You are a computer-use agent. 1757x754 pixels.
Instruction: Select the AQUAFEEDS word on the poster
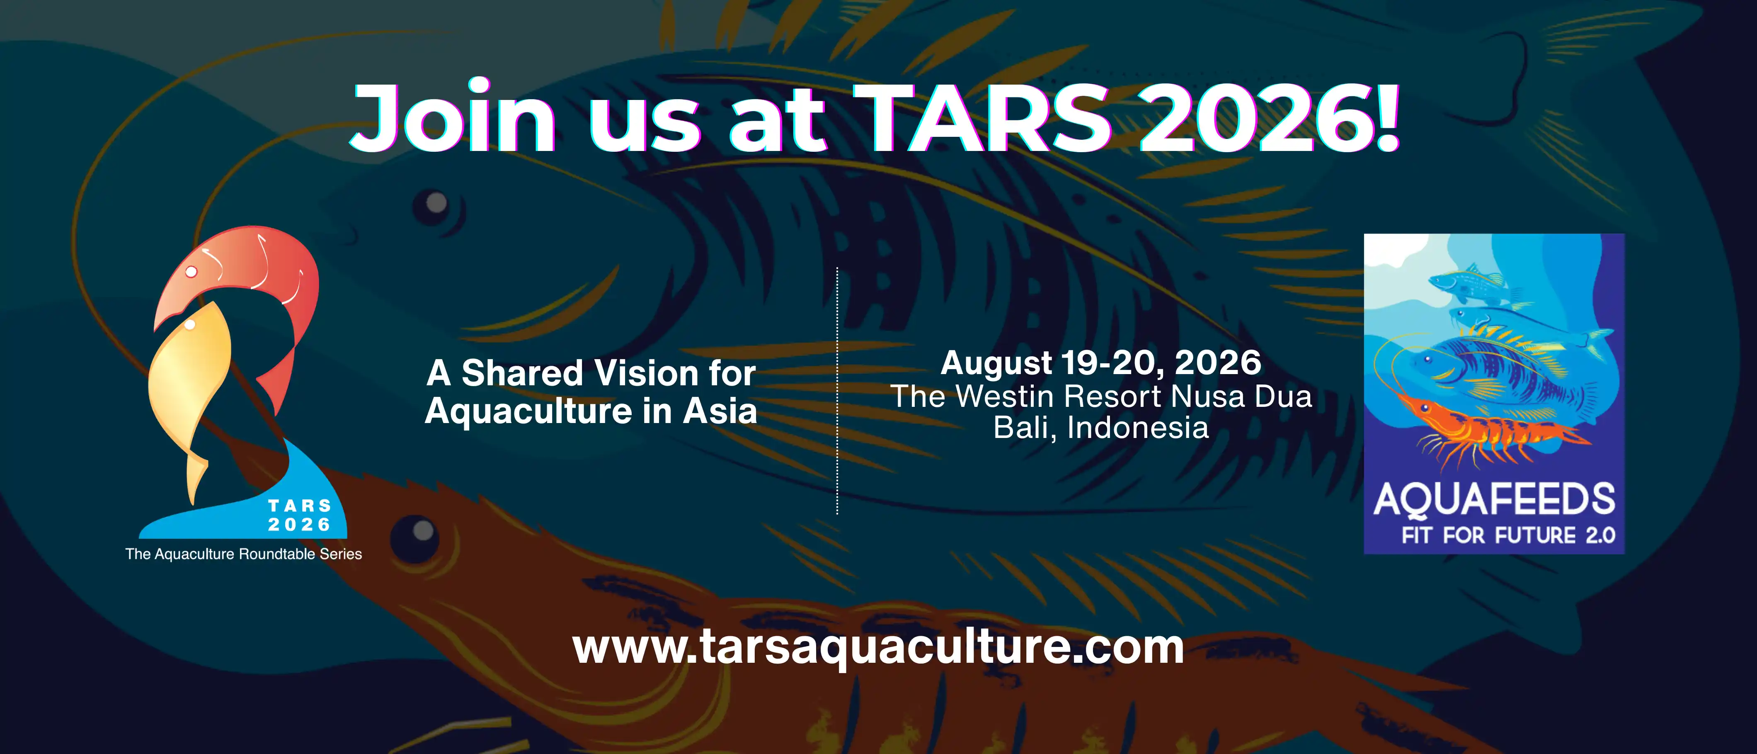[x=1494, y=500]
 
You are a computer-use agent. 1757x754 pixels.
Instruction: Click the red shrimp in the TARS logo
[x=273, y=273]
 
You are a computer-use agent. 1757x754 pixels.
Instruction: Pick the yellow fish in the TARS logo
[x=188, y=382]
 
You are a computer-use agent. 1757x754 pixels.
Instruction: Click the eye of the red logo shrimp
[x=191, y=272]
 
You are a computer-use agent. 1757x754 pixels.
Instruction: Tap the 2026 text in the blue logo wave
[x=299, y=525]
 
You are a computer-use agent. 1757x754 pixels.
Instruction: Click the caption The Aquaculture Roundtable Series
[x=243, y=554]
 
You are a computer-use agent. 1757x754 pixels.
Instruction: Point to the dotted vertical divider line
[x=837, y=389]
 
